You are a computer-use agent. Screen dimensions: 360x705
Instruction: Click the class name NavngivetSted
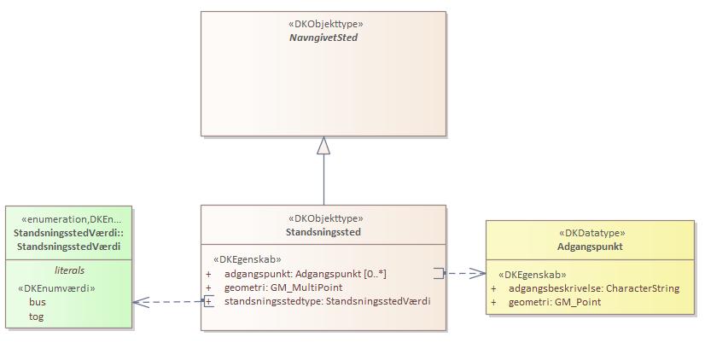pos(323,38)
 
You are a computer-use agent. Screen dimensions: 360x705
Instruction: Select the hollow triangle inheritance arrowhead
pos(323,146)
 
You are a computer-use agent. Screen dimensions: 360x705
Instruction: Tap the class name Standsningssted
pos(323,232)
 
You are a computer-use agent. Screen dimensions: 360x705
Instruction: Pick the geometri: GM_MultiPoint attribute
pos(283,287)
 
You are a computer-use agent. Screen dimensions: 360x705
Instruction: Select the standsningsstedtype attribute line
pos(327,301)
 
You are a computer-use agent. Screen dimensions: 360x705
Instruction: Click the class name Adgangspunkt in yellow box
pos(591,247)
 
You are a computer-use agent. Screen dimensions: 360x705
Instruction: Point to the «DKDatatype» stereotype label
pos(591,233)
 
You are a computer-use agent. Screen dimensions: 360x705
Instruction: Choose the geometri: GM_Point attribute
pos(555,302)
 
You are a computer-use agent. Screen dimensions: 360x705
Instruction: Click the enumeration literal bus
pos(38,302)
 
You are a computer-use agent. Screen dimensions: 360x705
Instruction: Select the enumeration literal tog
pos(37,316)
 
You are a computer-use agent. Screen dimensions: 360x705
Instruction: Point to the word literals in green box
pos(69,270)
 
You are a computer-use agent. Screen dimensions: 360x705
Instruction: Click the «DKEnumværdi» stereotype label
pos(56,288)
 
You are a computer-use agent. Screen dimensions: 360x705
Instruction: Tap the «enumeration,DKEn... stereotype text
pos(71,219)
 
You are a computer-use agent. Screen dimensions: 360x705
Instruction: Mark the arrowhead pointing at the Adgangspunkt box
pos(479,274)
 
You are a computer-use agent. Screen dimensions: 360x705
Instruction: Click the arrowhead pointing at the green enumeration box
pos(140,301)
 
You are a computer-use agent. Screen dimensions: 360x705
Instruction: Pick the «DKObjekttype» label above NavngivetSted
pos(323,25)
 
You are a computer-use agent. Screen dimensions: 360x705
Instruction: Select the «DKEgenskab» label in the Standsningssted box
pos(247,259)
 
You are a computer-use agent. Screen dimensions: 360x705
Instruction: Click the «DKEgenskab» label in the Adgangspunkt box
pos(533,275)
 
